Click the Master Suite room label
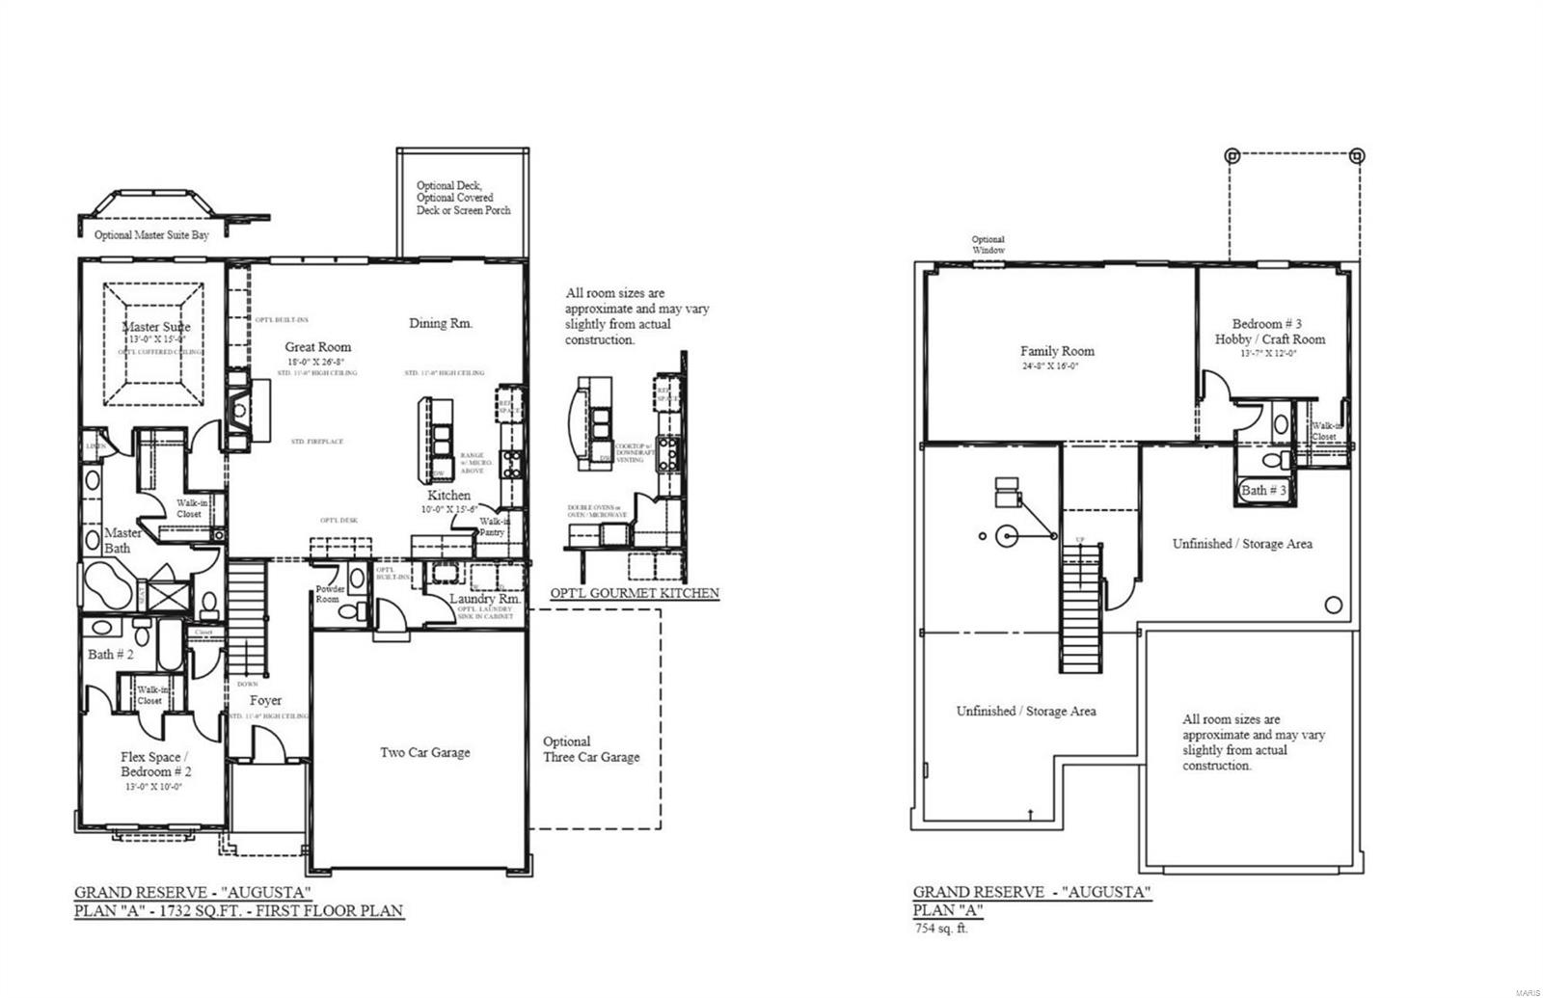(156, 327)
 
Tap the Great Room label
(317, 347)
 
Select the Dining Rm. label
(441, 324)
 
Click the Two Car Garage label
(424, 752)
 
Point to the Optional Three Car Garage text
(590, 749)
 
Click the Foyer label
(265, 700)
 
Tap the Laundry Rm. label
(485, 599)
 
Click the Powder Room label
(331, 594)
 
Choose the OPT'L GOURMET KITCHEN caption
(634, 593)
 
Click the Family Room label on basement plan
(1057, 351)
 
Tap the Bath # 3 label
(1263, 490)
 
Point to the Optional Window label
(988, 245)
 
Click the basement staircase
(1081, 607)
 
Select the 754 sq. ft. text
(940, 929)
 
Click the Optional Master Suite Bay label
(151, 234)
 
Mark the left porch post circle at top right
(1231, 154)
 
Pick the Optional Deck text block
(463, 198)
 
